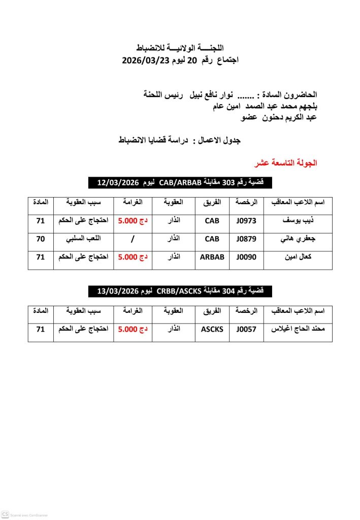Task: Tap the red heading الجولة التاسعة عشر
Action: click(x=286, y=164)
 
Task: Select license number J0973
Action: click(x=247, y=221)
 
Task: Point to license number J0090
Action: click(x=247, y=257)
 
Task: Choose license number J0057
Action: click(x=247, y=329)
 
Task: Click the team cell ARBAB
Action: click(x=212, y=257)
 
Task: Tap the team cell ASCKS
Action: click(x=212, y=329)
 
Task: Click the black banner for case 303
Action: click(x=180, y=182)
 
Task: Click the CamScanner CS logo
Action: click(x=6, y=514)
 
